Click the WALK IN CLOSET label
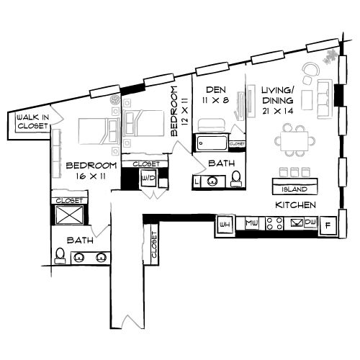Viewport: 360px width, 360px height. point(28,120)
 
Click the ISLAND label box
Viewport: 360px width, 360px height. point(295,189)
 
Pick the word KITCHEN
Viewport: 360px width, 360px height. point(296,205)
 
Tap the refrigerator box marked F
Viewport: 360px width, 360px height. point(328,226)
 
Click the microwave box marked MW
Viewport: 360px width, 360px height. point(252,225)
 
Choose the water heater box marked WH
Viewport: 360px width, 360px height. point(225,225)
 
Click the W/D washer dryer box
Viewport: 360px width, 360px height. point(150,177)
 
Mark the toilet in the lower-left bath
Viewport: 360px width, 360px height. point(59,256)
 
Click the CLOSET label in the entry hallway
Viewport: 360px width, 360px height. point(154,243)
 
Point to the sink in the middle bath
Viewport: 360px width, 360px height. point(212,181)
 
